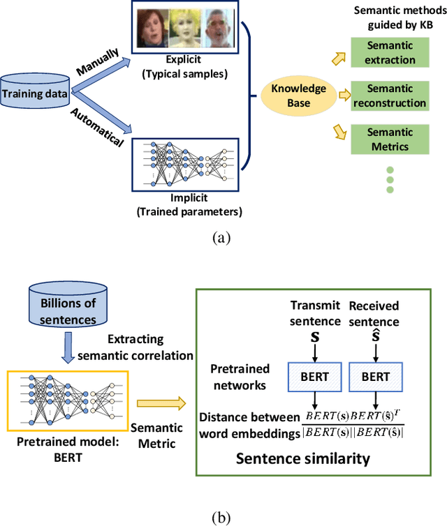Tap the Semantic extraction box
[x=390, y=52]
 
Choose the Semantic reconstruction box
[x=390, y=95]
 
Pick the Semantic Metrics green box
[x=390, y=139]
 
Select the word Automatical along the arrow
[x=98, y=130]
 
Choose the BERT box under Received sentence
[x=376, y=377]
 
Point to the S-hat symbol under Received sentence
[x=376, y=338]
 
